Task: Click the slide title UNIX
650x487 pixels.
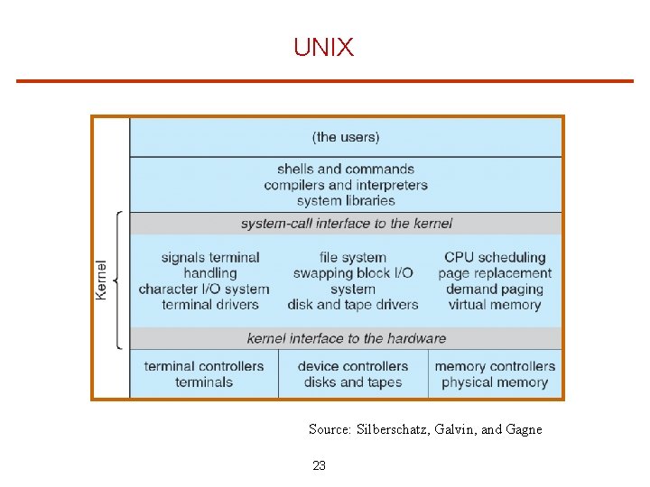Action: point(323,48)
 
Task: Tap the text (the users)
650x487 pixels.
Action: point(346,137)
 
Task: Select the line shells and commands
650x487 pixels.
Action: point(346,169)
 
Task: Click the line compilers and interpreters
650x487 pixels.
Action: point(346,185)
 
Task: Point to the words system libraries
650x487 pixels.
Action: point(346,200)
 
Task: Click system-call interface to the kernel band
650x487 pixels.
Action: point(346,224)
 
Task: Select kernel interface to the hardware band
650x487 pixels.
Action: point(346,338)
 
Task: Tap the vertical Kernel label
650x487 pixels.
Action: point(102,280)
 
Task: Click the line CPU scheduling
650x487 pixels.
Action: point(495,257)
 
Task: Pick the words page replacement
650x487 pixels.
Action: point(495,273)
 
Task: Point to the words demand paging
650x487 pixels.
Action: point(495,289)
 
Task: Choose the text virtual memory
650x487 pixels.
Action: point(495,305)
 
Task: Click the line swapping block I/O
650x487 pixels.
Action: point(353,273)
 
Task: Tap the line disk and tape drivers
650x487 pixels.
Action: point(353,305)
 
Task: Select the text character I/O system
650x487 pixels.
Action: point(204,289)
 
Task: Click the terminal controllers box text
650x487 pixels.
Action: point(204,366)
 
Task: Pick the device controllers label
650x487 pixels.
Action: point(353,366)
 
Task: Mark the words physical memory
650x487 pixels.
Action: point(495,382)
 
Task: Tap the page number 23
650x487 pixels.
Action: point(319,465)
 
